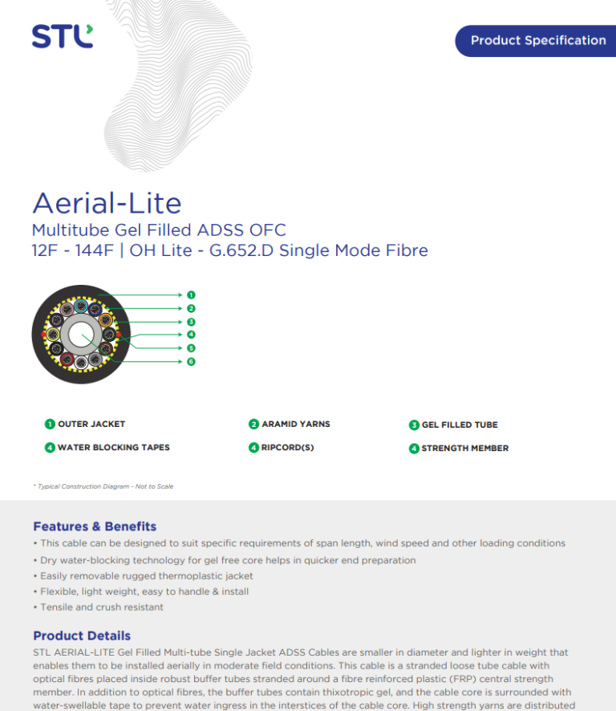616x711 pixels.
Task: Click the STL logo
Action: (x=62, y=36)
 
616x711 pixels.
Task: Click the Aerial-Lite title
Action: (x=107, y=203)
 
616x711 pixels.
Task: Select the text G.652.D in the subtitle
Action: (x=241, y=250)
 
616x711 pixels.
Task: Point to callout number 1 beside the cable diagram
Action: (x=191, y=295)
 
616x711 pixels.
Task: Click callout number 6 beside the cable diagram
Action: (x=191, y=361)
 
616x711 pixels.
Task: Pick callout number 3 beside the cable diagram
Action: (x=191, y=322)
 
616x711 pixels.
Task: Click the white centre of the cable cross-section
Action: (x=81, y=335)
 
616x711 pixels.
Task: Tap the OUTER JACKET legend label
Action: (x=91, y=424)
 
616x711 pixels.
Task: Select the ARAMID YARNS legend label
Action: (x=296, y=424)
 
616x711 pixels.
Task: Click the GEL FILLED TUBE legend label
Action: (x=460, y=425)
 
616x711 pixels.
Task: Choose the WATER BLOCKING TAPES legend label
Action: (x=114, y=448)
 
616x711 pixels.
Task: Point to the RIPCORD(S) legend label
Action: (x=287, y=448)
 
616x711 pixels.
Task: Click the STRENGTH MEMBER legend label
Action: (x=465, y=449)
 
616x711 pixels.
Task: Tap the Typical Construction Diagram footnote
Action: (x=103, y=486)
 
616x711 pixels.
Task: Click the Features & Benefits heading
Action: (x=95, y=526)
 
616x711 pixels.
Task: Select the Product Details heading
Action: (x=82, y=636)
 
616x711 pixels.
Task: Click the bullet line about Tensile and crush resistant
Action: (x=99, y=607)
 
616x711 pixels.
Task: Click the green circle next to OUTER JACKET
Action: (x=50, y=425)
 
